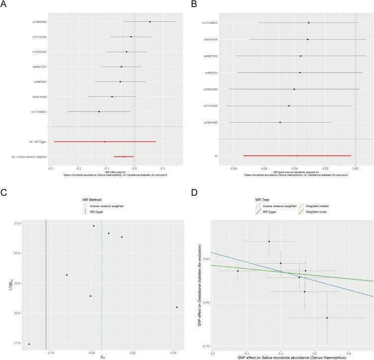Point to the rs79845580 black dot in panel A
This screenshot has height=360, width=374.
150,22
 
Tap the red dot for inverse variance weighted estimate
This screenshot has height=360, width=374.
124,157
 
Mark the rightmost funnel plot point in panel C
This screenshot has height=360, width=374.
176,307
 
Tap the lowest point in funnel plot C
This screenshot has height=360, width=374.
29,344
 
